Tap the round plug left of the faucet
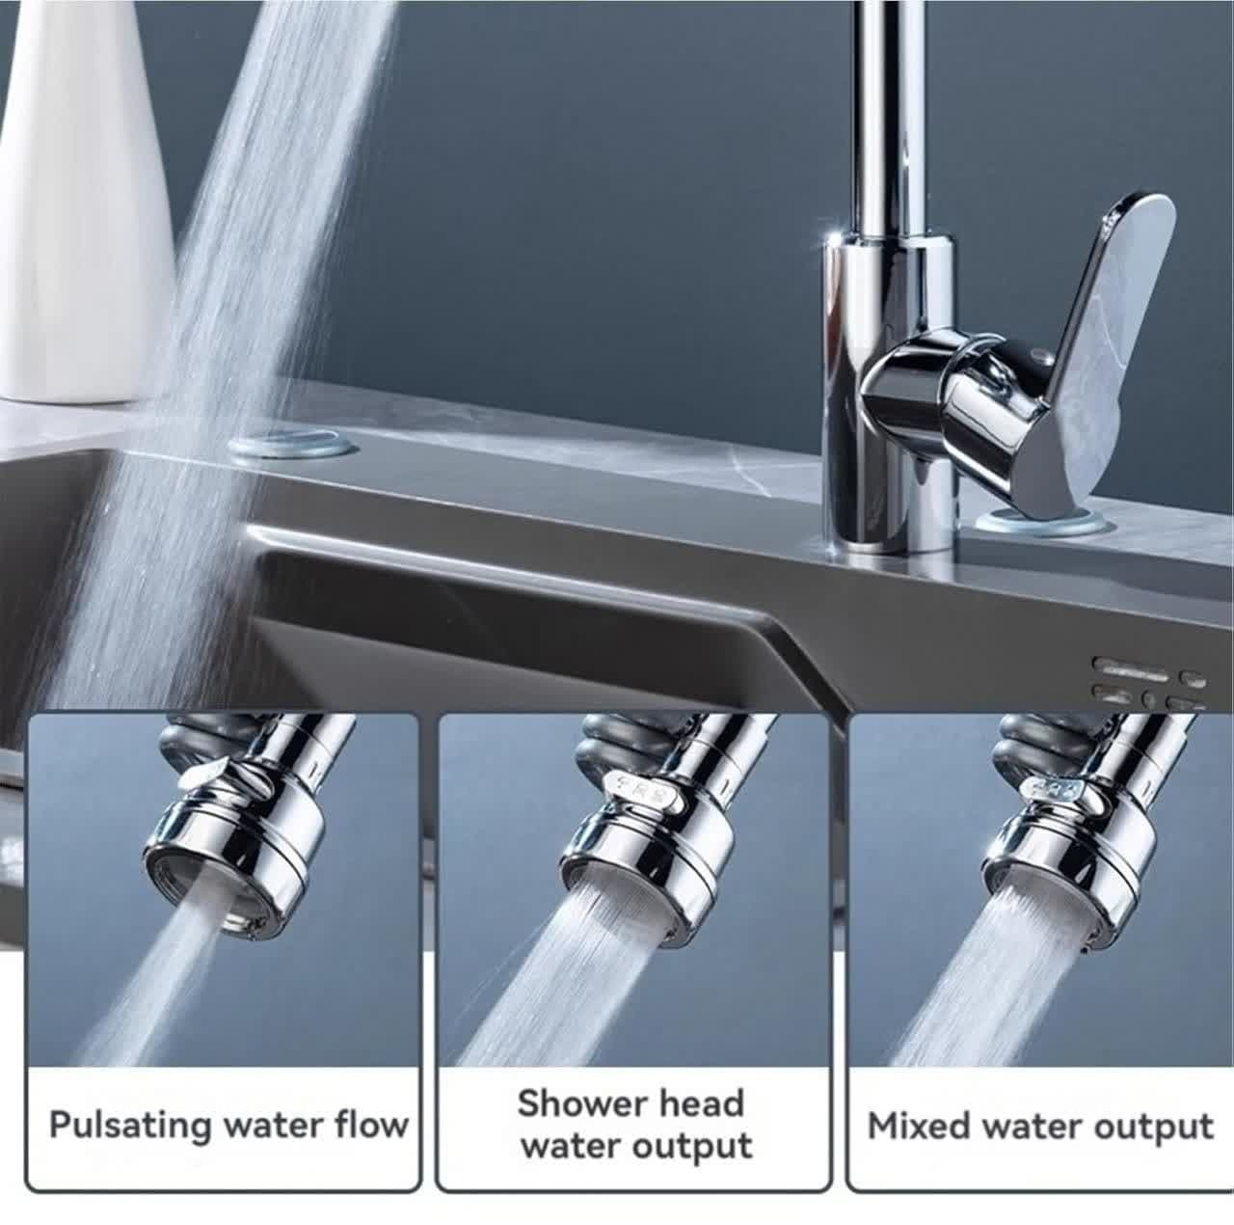[290, 445]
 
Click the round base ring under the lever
[1044, 523]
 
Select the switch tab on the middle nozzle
[641, 797]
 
